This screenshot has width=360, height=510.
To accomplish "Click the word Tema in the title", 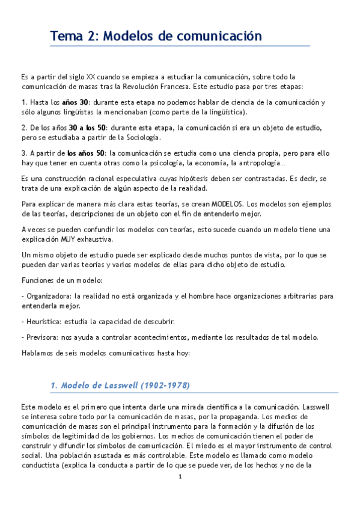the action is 67,36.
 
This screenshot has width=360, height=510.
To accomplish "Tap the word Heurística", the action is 42,321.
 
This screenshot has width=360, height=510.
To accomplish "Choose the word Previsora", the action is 40,336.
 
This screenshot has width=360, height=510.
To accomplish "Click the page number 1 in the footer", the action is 180,477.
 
